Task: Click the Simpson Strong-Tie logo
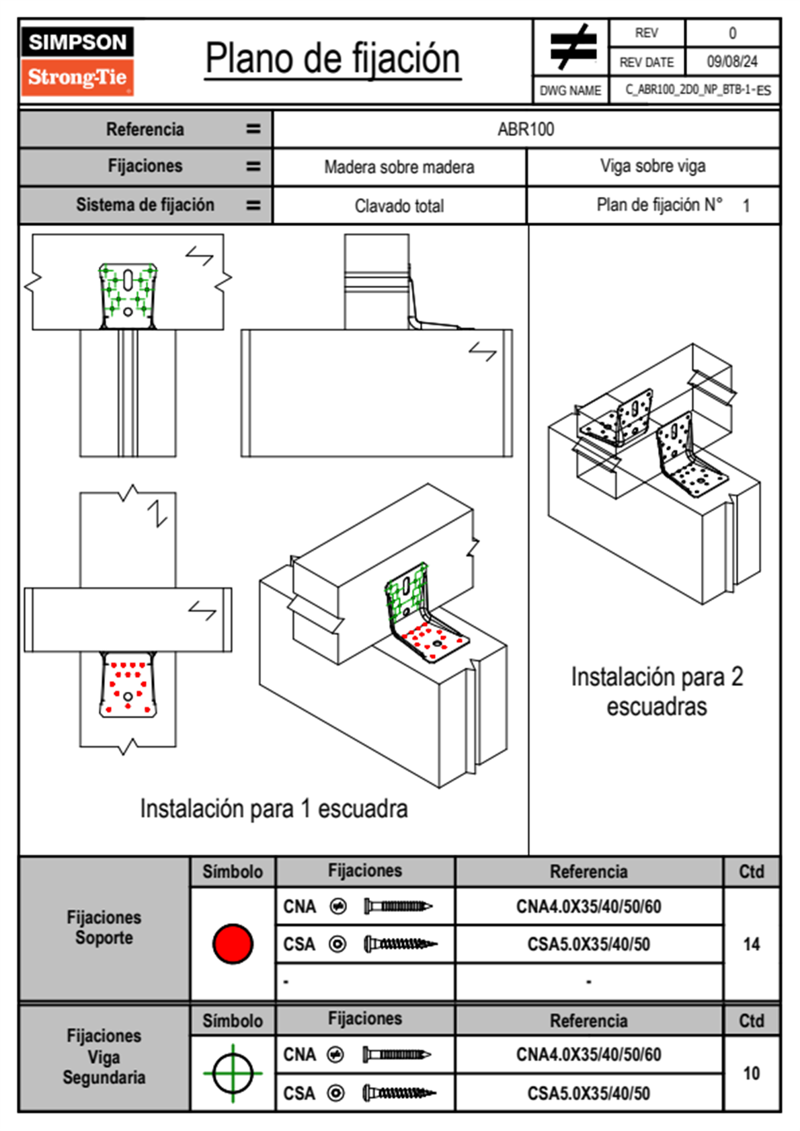click(77, 61)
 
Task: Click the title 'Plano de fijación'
click(333, 59)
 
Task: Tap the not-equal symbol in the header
click(573, 47)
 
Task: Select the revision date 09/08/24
click(731, 62)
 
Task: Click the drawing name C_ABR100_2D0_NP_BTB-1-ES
click(697, 90)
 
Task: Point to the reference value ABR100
click(526, 129)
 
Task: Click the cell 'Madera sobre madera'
click(399, 167)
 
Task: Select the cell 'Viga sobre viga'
click(653, 166)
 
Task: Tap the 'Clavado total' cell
click(399, 206)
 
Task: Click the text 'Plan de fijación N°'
click(659, 204)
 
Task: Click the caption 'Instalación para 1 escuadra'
click(274, 808)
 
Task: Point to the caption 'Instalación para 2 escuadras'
click(657, 691)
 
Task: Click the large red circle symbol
click(233, 943)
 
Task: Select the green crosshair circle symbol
click(233, 1073)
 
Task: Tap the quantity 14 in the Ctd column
click(751, 944)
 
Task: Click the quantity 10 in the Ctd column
click(751, 1073)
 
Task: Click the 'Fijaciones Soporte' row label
click(104, 928)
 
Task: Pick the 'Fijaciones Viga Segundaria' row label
click(104, 1056)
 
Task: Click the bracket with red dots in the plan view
click(128, 686)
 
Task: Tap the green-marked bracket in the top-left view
click(128, 295)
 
